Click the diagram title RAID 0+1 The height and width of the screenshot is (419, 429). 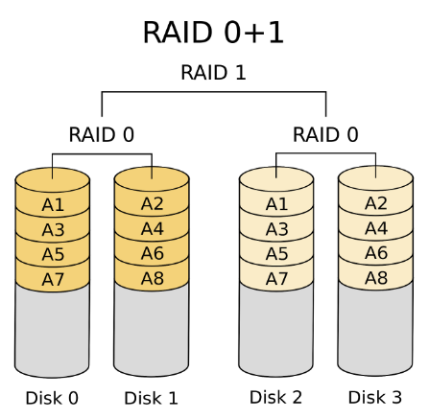[213, 32]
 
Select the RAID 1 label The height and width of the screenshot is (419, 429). [213, 73]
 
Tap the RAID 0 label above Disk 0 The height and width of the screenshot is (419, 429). [101, 134]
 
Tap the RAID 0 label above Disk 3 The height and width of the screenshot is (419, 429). [325, 134]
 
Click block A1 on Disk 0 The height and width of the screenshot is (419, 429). [53, 204]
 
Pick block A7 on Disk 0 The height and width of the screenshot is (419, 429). [53, 279]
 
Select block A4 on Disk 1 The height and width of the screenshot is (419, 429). [152, 228]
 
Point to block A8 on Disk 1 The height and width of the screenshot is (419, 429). [152, 278]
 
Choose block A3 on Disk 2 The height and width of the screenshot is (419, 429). [276, 229]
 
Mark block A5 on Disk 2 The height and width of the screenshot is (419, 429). [276, 254]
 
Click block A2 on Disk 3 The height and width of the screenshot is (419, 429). [375, 203]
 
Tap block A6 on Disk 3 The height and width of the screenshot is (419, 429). [375, 253]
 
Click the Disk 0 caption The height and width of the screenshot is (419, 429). [53, 398]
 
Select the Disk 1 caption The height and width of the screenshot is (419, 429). [152, 398]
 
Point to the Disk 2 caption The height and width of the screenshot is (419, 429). [276, 397]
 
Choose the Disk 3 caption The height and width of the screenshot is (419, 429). [375, 397]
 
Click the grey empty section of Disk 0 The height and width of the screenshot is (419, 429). [53, 331]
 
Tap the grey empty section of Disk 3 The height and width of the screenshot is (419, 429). [375, 331]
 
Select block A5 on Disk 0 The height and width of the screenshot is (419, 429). [53, 254]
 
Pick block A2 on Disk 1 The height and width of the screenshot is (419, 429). [152, 203]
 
